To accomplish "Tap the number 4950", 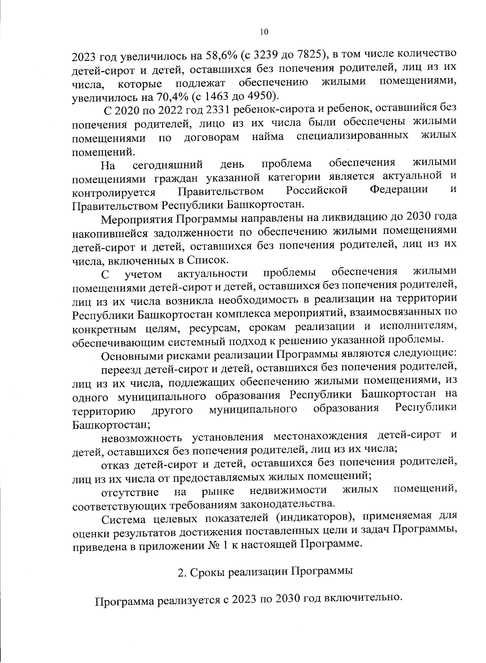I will tap(259, 96).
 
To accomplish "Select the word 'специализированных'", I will tap(352, 136).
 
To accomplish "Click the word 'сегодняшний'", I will tap(168, 165).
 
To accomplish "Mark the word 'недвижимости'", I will tap(288, 490).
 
